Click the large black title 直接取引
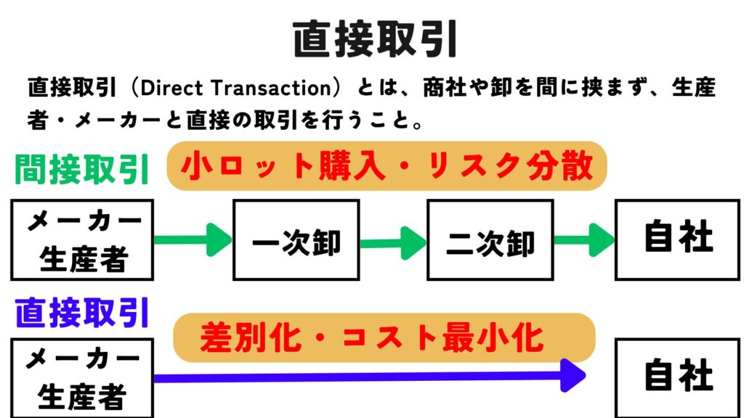click(x=375, y=39)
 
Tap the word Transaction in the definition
click(x=270, y=88)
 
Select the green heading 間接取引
click(x=82, y=168)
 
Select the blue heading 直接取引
click(x=82, y=312)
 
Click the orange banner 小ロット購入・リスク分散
click(x=387, y=166)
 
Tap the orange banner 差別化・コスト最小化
click(x=384, y=337)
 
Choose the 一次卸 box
click(x=296, y=239)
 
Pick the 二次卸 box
click(x=490, y=239)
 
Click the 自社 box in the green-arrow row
click(x=678, y=239)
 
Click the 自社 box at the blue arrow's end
click(x=678, y=377)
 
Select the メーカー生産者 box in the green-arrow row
click(x=82, y=239)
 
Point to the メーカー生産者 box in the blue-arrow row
click(x=82, y=377)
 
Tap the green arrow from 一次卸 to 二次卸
click(x=393, y=243)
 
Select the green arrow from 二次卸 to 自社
click(x=584, y=239)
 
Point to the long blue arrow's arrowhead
click(x=573, y=375)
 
